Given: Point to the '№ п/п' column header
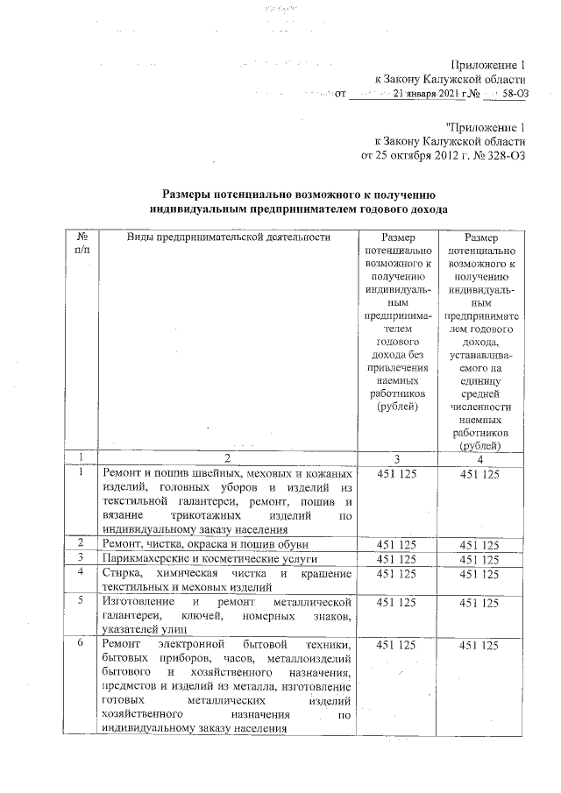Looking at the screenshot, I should (x=82, y=244).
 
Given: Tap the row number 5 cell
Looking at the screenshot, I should (x=81, y=602).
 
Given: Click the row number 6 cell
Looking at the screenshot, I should (x=81, y=645).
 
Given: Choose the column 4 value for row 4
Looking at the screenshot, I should (x=479, y=573).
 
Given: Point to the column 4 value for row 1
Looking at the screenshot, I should (x=479, y=473).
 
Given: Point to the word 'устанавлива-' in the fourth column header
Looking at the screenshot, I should (x=479, y=358).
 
